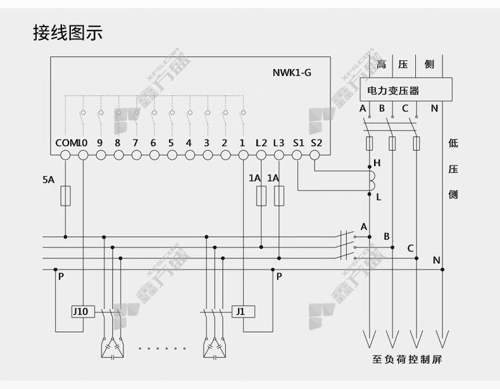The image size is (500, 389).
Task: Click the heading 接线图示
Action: (x=68, y=32)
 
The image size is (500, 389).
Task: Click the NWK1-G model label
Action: (x=292, y=73)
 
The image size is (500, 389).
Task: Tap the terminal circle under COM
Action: (x=65, y=155)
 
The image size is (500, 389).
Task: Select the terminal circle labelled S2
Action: (x=315, y=155)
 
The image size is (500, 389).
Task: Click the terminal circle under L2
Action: (x=261, y=155)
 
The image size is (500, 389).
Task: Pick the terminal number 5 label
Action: (x=171, y=143)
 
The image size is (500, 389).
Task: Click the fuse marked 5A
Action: (x=65, y=196)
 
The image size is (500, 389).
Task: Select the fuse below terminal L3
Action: (x=279, y=196)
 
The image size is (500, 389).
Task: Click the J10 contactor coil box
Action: (x=83, y=312)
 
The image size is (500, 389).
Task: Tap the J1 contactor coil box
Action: (x=243, y=312)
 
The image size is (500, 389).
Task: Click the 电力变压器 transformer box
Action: (x=406, y=90)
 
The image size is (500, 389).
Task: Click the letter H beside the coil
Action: (x=377, y=163)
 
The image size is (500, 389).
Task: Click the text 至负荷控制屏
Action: (x=407, y=360)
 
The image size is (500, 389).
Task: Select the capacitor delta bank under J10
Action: (x=112, y=348)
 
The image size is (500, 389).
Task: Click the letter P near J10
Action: (x=61, y=277)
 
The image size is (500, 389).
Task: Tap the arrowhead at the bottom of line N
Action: (x=442, y=339)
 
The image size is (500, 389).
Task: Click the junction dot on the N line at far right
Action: (x=442, y=270)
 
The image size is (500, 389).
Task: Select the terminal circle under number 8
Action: (x=118, y=155)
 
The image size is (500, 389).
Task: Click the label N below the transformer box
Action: (x=434, y=108)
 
